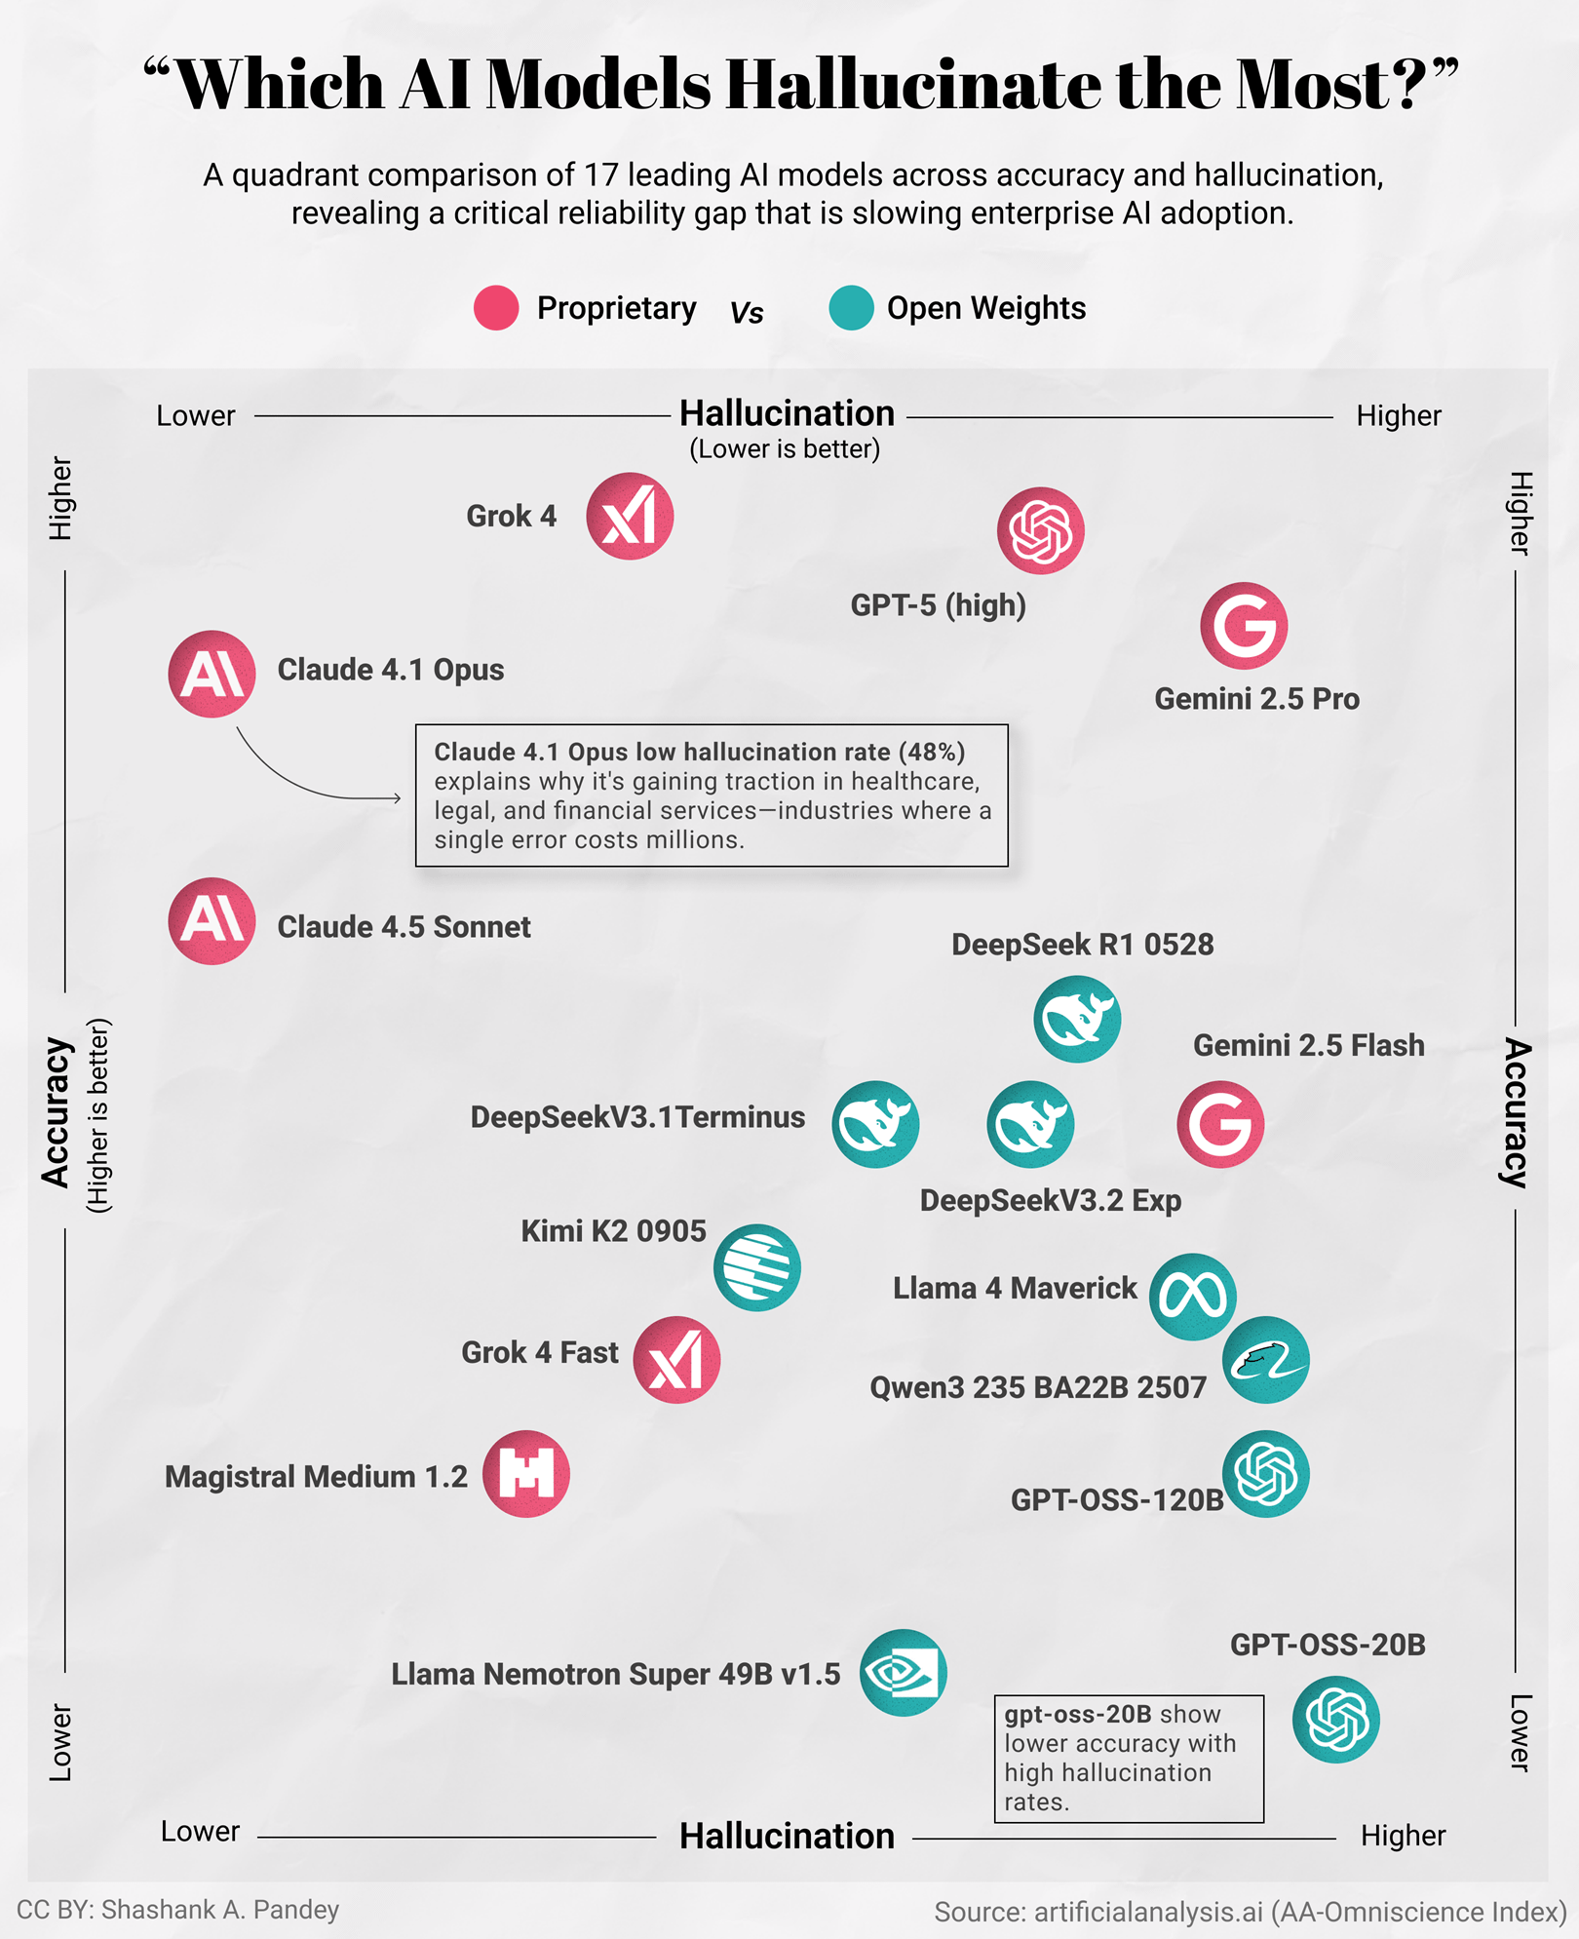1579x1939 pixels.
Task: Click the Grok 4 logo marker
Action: click(630, 517)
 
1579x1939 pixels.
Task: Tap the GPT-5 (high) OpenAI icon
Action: click(1040, 531)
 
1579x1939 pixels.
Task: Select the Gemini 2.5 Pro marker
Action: click(1244, 626)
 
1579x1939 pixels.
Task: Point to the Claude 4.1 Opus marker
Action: click(212, 674)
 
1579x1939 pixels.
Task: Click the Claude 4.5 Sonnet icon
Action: click(212, 921)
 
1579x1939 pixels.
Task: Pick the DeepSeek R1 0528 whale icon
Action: click(1077, 1020)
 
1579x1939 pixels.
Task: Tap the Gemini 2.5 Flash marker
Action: click(1220, 1124)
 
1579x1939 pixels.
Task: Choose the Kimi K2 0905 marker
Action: click(757, 1267)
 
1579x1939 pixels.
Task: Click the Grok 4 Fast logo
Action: click(676, 1360)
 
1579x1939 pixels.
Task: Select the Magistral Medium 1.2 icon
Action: click(526, 1474)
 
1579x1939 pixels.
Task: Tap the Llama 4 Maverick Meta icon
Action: click(1193, 1297)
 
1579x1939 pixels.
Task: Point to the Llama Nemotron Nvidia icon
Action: click(904, 1673)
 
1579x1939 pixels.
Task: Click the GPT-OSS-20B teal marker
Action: click(1336, 1720)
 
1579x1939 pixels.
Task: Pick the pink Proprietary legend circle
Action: click(496, 308)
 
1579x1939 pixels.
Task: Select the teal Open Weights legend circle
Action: click(851, 308)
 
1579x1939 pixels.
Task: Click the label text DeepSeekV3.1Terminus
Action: click(637, 1117)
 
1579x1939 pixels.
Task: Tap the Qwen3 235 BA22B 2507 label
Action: click(1038, 1387)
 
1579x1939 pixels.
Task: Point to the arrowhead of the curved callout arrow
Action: click(398, 798)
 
